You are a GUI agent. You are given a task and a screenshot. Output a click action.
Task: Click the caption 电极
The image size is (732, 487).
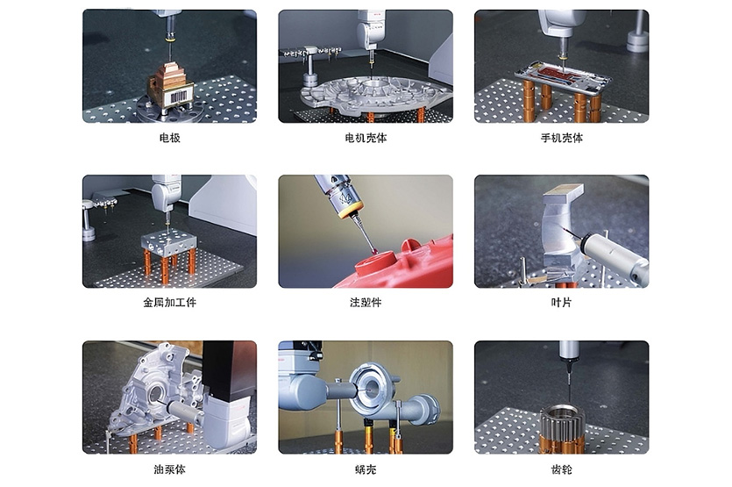click(169, 138)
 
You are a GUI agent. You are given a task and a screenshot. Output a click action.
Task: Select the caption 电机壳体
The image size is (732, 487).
click(366, 138)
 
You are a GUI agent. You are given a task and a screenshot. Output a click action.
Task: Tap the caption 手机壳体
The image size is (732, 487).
click(562, 138)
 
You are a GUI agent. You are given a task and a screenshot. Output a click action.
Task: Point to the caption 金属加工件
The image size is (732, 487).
click(169, 303)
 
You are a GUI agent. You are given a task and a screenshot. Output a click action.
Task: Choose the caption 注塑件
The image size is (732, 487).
click(366, 303)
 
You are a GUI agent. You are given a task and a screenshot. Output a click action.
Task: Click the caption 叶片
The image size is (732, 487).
click(561, 303)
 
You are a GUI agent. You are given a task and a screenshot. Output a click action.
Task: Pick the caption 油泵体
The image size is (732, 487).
click(169, 469)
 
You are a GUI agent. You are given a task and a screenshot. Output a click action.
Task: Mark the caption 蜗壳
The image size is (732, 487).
click(366, 469)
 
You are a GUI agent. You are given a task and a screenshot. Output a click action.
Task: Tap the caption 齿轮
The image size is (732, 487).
click(561, 469)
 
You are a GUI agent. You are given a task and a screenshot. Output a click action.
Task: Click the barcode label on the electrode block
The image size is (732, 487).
click(179, 97)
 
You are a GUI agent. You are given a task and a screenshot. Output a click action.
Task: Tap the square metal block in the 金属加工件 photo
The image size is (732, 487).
click(169, 244)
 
